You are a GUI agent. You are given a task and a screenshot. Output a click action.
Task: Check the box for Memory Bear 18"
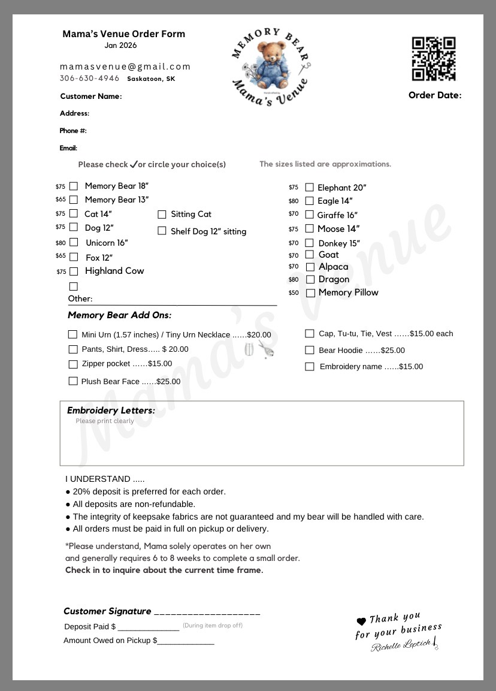point(74,186)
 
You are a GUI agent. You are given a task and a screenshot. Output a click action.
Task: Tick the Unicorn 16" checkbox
point(74,242)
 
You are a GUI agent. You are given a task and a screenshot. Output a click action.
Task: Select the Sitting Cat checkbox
point(162,215)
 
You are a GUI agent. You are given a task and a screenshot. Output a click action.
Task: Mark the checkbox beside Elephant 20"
point(309,188)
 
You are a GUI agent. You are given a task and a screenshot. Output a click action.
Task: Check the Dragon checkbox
point(310,279)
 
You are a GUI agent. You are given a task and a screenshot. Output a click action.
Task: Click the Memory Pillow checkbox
point(310,293)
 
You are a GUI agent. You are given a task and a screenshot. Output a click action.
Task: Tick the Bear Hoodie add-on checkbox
point(310,350)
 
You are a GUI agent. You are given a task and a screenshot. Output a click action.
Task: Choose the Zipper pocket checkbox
point(73,364)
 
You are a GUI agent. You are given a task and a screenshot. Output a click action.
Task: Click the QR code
point(434,59)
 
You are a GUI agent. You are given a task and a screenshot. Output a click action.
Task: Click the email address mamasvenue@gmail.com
point(125,67)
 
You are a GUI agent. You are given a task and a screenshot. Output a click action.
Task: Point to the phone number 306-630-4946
point(89,79)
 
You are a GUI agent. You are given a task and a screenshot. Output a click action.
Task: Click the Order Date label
point(435,95)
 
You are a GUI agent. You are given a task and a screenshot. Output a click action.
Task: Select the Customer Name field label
point(90,96)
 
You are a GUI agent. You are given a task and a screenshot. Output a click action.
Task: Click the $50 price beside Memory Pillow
point(294,293)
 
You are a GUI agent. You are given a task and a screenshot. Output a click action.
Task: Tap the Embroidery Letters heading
point(111,411)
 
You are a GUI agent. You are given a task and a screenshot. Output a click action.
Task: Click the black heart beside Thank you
point(361,621)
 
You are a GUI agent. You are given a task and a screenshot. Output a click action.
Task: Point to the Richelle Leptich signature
point(404,645)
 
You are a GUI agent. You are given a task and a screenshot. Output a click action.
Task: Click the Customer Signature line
point(207,614)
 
